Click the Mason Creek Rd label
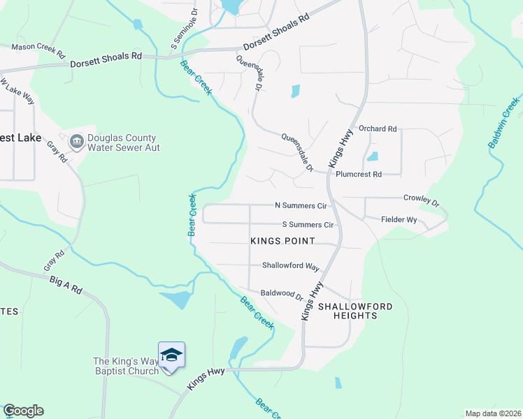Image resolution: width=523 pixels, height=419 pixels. coord(38,50)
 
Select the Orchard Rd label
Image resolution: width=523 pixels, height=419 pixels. coord(378,129)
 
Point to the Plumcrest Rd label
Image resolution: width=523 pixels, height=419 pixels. coord(359,175)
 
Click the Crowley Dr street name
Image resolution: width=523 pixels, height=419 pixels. coord(421,201)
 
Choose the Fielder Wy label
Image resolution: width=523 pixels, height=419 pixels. coord(399,220)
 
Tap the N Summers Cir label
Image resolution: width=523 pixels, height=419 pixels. coord(301,206)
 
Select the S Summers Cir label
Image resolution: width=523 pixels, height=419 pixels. coord(308,225)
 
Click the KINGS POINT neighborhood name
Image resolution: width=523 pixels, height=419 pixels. coord(282,241)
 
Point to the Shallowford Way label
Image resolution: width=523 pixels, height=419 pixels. coord(290,266)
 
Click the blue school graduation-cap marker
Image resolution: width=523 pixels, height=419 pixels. coord(171,355)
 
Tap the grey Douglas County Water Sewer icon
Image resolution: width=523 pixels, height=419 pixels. coord(77,142)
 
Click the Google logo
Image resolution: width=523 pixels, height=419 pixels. coord(23,411)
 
